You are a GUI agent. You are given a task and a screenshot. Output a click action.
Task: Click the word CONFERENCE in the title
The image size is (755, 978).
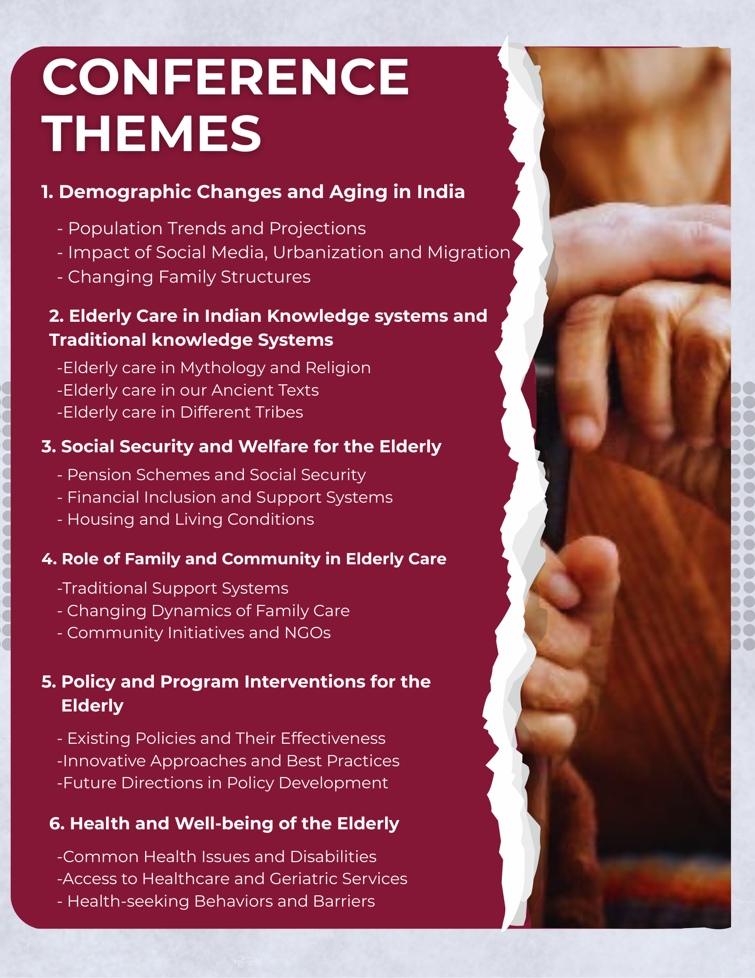pos(225,77)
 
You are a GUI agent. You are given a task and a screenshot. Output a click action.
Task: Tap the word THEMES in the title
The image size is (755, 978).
pos(152,133)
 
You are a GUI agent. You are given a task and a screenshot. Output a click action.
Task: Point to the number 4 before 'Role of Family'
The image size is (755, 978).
pos(47,559)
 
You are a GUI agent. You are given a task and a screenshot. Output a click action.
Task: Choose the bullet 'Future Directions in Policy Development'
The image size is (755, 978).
pos(223,783)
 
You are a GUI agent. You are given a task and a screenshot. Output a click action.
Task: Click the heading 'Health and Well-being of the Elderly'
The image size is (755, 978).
pos(224,824)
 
